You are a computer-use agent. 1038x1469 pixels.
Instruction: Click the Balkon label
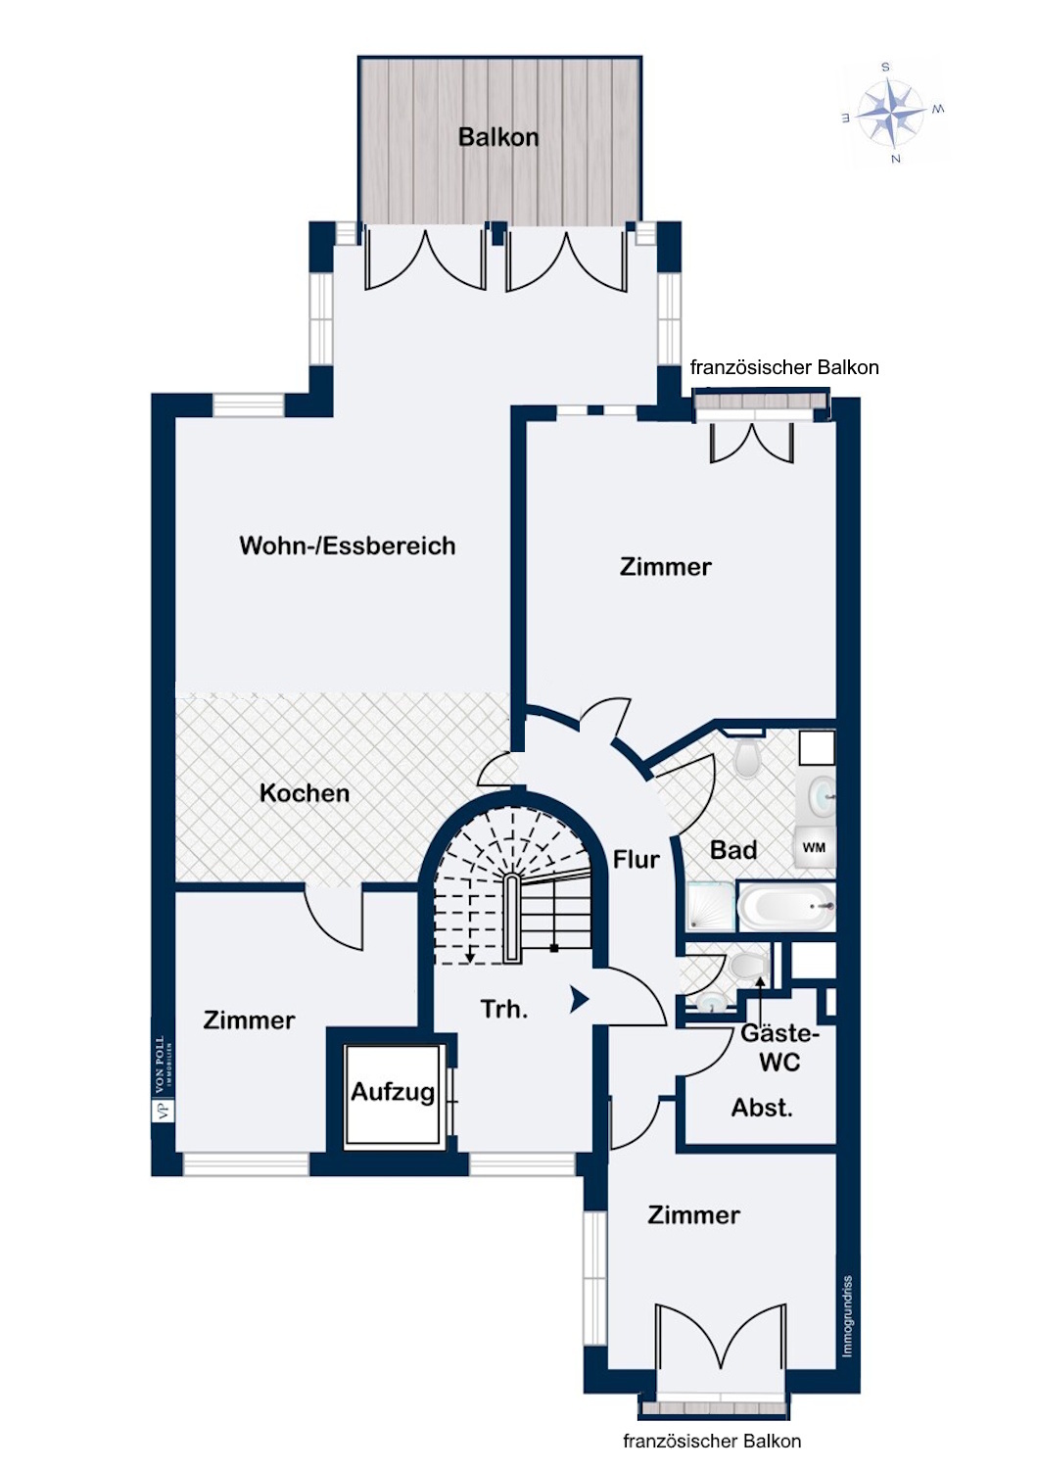pos(498,137)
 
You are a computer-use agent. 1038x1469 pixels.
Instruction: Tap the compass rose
pos(892,113)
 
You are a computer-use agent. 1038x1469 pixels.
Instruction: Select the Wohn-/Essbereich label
pos(348,545)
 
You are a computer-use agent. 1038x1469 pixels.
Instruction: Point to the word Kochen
pos(305,793)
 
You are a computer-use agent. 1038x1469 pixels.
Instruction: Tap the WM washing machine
pos(815,848)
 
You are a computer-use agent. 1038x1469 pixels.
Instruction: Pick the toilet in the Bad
pos(746,757)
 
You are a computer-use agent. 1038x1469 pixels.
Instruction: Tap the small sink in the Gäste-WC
pos(710,1001)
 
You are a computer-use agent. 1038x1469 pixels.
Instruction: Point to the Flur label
pos(637,859)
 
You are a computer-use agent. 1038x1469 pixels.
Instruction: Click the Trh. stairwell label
pos(504,1009)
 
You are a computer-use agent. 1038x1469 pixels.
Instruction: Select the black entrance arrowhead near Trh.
pos(579,1000)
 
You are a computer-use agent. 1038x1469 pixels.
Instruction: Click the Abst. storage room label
pos(762,1108)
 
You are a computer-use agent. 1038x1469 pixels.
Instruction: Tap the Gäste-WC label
pos(780,1048)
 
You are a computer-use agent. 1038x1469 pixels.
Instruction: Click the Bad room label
pos(733,851)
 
